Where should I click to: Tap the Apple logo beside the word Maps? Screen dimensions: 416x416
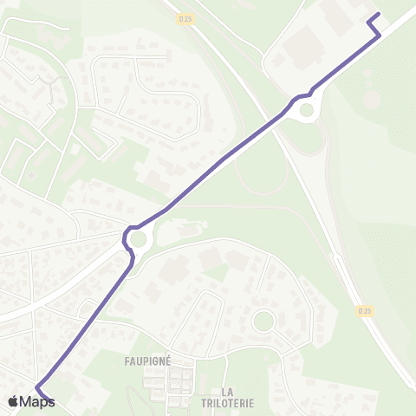click(x=12, y=401)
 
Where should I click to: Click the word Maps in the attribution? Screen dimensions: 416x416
click(x=37, y=401)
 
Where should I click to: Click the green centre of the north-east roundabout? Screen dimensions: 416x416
click(x=306, y=110)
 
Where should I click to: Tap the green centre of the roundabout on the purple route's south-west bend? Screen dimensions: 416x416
click(x=138, y=237)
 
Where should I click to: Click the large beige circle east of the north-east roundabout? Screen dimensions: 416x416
click(x=371, y=100)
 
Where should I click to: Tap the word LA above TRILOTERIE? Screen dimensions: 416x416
click(x=229, y=391)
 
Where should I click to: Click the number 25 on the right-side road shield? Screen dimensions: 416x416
click(x=368, y=310)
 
